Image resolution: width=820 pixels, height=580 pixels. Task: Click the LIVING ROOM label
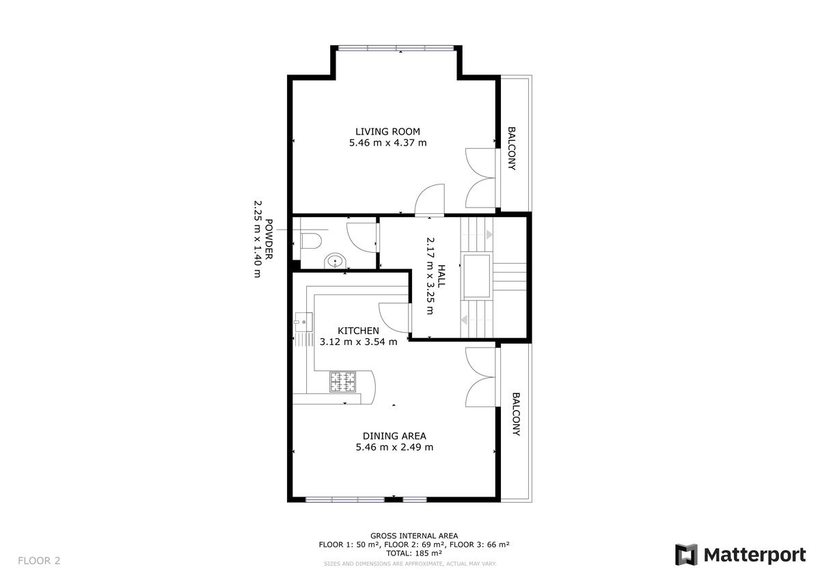(387, 131)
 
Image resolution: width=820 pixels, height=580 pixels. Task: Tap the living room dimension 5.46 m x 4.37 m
(387, 143)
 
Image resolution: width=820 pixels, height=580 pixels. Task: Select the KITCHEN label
(358, 331)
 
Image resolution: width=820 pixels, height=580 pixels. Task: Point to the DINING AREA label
(394, 436)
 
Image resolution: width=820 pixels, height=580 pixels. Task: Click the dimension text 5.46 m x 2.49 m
(394, 447)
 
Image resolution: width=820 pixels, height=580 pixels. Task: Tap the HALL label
(441, 276)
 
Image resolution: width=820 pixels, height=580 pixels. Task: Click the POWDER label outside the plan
(269, 239)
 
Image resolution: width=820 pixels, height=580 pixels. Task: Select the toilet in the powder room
(311, 241)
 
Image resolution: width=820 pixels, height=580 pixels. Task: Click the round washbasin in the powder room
(335, 261)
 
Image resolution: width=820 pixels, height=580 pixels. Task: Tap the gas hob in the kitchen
(342, 382)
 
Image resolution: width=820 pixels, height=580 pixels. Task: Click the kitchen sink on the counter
(304, 322)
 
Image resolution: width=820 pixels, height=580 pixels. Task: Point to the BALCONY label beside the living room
(511, 148)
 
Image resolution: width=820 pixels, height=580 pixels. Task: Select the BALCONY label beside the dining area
(516, 414)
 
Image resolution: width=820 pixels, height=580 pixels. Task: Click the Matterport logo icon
(686, 555)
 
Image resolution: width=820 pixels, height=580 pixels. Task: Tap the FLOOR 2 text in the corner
(39, 561)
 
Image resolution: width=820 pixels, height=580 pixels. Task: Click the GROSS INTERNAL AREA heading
(414, 536)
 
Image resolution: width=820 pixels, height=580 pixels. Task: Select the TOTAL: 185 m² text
(414, 553)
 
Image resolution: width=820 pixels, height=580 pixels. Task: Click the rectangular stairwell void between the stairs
(477, 276)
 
